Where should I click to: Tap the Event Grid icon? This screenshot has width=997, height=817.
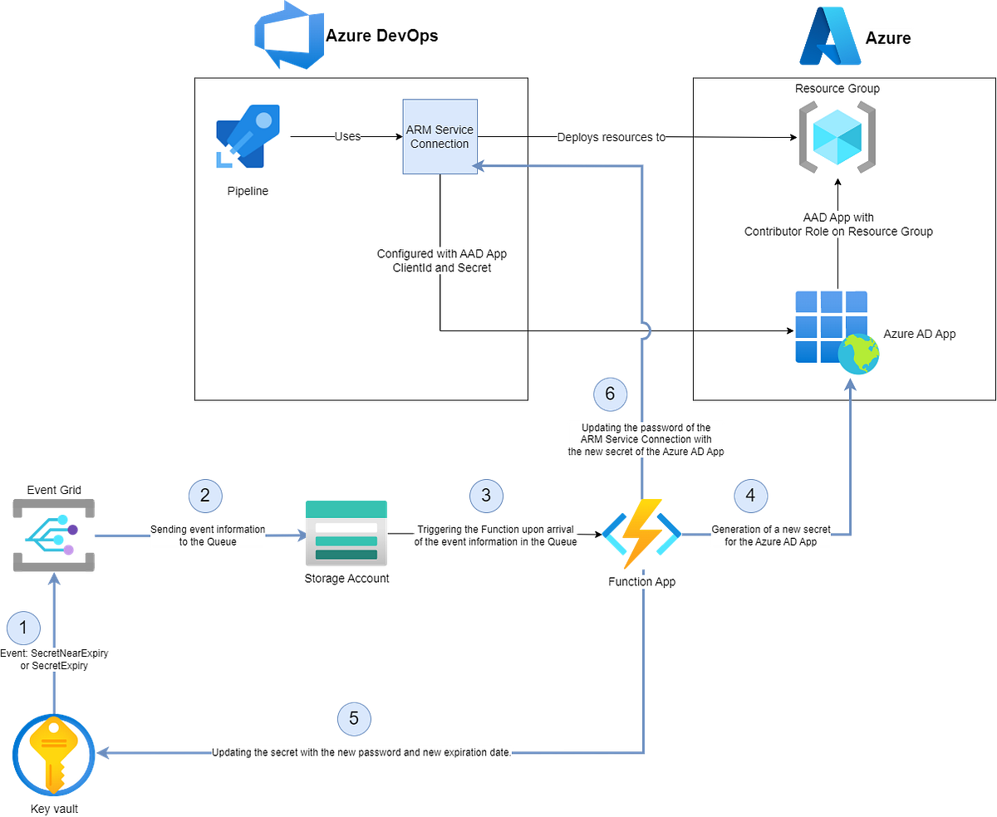[x=54, y=536]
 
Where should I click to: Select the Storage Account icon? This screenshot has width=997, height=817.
[x=346, y=535]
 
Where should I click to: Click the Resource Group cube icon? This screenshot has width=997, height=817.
[x=837, y=137]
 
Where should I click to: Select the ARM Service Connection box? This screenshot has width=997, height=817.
[x=440, y=137]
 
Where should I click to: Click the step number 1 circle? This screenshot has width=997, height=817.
[x=23, y=629]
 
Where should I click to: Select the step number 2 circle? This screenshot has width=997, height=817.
[x=205, y=496]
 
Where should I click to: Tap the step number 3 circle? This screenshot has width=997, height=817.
[x=486, y=496]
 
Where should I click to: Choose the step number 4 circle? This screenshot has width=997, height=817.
[x=750, y=496]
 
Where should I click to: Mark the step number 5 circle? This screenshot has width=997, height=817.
[x=354, y=718]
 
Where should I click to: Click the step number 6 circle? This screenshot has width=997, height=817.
[x=610, y=394]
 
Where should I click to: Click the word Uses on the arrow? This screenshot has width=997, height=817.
[x=347, y=136]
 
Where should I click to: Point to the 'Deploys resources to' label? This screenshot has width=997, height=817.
[x=611, y=137]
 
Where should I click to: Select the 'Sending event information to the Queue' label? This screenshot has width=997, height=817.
[x=208, y=536]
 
